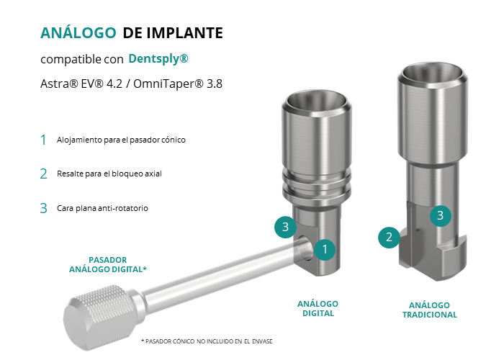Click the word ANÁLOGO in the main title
coord(78,32)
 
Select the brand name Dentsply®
coord(158,59)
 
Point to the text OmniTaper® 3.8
coord(178,84)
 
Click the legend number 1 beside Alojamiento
coord(43,140)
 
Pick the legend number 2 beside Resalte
coord(44,174)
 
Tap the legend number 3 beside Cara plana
coord(44,208)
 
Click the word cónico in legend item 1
coord(175,140)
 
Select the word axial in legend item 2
coord(153,174)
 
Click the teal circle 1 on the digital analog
coord(325,249)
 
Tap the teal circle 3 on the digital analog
coord(285,227)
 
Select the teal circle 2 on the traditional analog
coord(389,237)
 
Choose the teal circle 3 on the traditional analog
coord(441,215)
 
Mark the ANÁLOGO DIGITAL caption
coord(318,309)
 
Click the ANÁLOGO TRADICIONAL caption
coord(430,310)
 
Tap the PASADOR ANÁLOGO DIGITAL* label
coord(108,264)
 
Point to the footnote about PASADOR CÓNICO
coord(207,341)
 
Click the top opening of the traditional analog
coord(433,73)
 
